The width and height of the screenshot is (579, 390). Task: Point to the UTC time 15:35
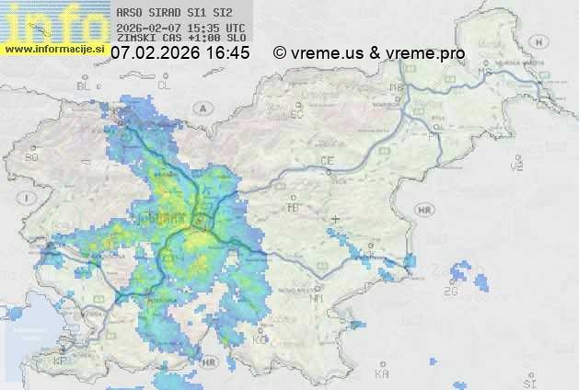203,28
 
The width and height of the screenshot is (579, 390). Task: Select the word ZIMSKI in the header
133,40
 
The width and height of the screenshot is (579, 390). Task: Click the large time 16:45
227,53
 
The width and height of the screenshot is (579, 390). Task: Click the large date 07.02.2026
155,53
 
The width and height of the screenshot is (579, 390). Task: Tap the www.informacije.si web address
52,49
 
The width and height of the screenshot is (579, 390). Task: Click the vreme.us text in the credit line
326,53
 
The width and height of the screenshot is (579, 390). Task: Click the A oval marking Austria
201,107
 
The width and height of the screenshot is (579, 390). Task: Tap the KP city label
61,361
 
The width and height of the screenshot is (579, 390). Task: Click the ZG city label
450,292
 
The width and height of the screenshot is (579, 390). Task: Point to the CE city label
327,160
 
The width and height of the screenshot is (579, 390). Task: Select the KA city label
382,373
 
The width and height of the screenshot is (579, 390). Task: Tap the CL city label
165,85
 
